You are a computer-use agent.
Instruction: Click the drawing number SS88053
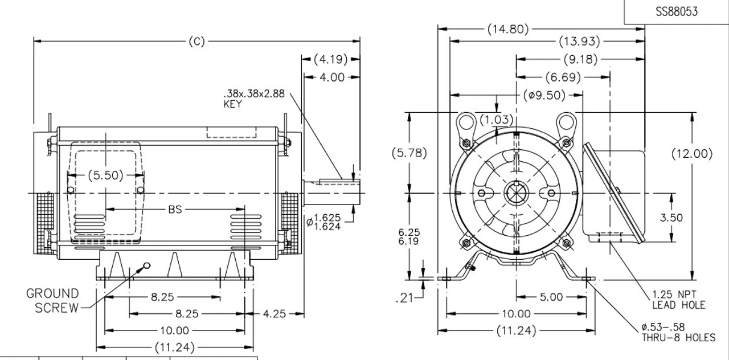pos(676,11)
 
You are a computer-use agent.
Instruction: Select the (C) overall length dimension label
pos(196,41)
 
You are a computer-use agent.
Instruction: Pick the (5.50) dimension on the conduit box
pos(105,175)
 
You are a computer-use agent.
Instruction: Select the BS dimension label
pos(175,210)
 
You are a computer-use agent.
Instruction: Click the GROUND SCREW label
pos(52,301)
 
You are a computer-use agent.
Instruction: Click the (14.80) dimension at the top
pos(508,28)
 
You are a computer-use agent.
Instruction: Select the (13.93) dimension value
pos(579,41)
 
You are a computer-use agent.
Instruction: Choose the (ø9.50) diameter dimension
pos(544,95)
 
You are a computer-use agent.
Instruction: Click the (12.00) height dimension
pos(692,153)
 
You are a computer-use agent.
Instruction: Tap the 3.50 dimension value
pos(672,218)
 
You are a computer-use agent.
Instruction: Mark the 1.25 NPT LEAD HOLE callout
pos(678,300)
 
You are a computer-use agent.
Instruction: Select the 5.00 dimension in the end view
pos(551,297)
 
